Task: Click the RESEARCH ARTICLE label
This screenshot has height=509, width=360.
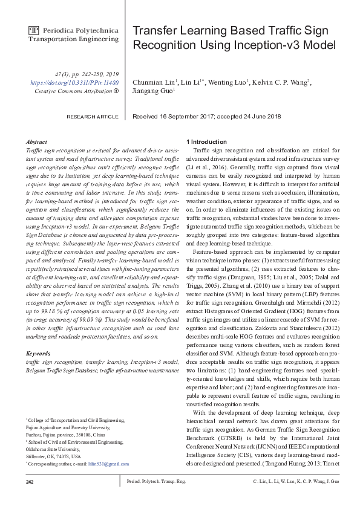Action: click(x=93, y=115)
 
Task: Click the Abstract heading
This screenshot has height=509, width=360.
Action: click(x=38, y=142)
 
